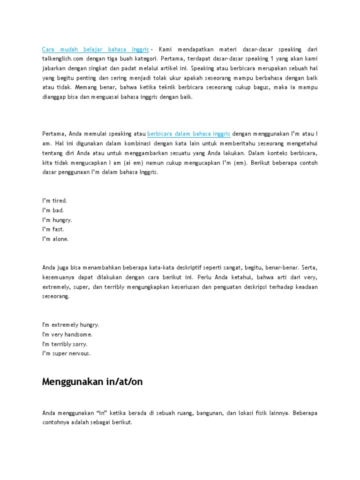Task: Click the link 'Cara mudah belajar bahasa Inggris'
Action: [x=96, y=49]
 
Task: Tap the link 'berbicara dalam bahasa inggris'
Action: [x=188, y=133]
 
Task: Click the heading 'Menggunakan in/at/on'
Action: [x=92, y=382]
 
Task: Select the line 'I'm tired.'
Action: [x=55, y=200]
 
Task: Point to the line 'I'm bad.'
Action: [x=53, y=210]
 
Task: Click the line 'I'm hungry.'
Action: [x=57, y=220]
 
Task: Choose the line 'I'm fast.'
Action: [x=53, y=229]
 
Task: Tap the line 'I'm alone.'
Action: [x=55, y=239]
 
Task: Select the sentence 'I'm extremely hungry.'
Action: [x=71, y=324]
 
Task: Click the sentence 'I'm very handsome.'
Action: [x=67, y=334]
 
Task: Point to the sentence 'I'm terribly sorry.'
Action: [x=65, y=344]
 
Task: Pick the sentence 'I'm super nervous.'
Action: [x=67, y=353]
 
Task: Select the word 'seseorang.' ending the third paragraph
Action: [x=56, y=297]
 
